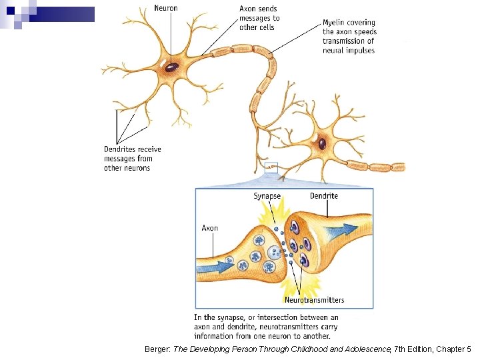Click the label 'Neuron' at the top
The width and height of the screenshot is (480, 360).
pos(165,8)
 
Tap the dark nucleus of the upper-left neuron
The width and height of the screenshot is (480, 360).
pos(172,67)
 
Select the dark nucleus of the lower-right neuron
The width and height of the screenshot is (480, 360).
pos(322,143)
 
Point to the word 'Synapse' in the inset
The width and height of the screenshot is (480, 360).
pos(267,196)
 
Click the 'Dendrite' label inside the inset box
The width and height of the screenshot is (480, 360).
pos(324,195)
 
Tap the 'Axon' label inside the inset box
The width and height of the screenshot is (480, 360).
pos(210,228)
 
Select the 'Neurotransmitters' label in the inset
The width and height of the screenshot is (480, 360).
pos(315,300)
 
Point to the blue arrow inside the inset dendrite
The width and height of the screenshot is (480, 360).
pos(341,229)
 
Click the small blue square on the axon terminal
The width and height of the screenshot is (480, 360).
pos(271,167)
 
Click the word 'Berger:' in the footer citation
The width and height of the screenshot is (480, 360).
pos(157,349)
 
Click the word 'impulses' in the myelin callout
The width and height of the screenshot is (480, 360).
pos(362,51)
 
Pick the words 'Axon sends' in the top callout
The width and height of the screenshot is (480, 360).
pos(258,9)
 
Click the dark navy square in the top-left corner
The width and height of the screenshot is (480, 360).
pos(11,11)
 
